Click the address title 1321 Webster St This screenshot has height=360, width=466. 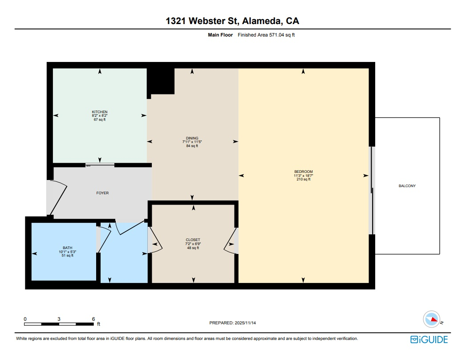point(232,21)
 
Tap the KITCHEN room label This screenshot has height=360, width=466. point(99,112)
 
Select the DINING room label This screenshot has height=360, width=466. point(192,138)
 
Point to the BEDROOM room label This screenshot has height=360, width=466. point(303,172)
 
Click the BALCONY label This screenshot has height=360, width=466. point(407,186)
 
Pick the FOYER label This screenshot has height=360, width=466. point(102,193)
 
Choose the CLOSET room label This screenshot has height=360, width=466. point(193,240)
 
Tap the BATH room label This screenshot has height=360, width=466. point(67,248)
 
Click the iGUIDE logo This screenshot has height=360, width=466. point(429,340)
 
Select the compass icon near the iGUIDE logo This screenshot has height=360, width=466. point(431,319)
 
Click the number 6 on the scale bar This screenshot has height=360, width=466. point(93,319)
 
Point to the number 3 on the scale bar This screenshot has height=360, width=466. point(59,319)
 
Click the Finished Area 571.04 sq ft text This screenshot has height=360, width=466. point(266,35)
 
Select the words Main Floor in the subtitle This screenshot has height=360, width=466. point(220,35)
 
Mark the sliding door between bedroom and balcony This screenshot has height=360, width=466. point(372,191)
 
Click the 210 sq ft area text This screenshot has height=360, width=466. point(303,180)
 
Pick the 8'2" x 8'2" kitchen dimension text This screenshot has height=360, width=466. point(99,116)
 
